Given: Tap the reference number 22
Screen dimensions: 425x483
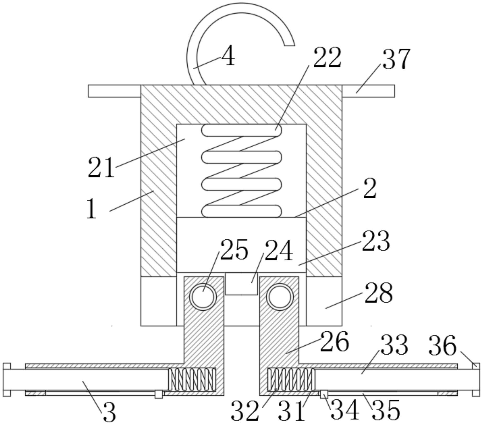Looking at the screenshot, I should point(327,57).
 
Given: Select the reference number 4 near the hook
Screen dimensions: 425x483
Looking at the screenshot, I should point(228,55).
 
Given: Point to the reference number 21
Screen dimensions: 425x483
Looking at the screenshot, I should point(101,167).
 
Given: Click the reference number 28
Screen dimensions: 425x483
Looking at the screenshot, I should point(379,293).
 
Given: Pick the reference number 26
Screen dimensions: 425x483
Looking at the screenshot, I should point(335,341).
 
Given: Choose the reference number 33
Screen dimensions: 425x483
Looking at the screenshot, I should point(394,345).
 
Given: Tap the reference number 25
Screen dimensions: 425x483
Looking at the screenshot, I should point(234,250).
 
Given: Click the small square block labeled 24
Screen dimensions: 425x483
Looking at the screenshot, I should point(241,284).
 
